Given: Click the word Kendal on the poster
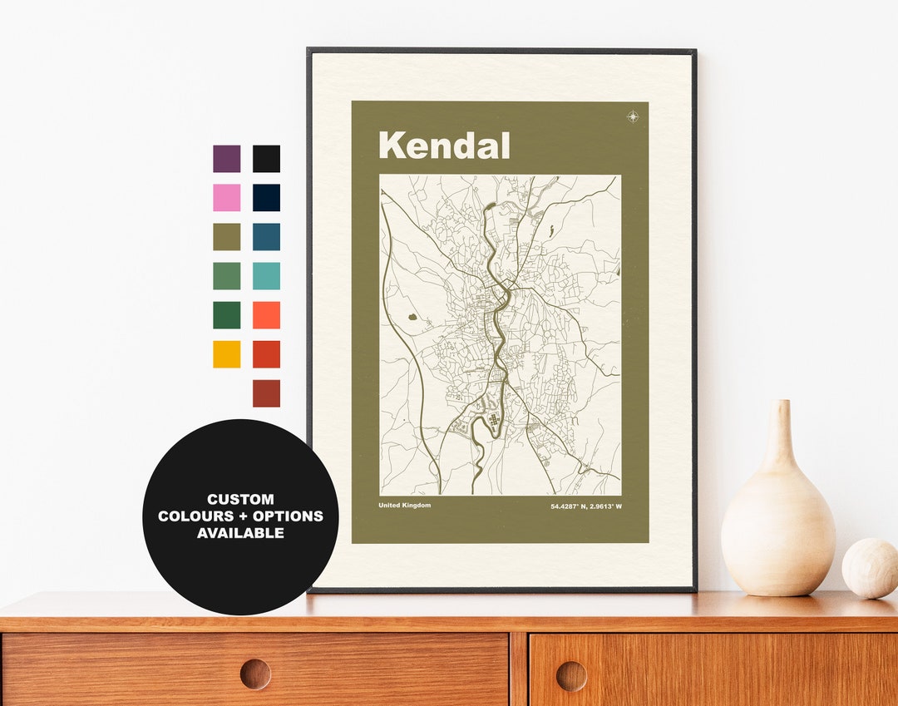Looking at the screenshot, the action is (x=444, y=146).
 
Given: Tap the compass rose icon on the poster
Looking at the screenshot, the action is (x=633, y=116).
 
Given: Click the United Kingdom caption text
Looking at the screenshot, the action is (x=405, y=506).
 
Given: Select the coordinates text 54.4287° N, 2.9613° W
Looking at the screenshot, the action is (x=585, y=506).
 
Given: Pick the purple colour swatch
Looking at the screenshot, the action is (x=226, y=159).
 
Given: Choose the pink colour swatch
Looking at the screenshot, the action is (x=226, y=198).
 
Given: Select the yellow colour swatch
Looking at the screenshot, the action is (x=226, y=354).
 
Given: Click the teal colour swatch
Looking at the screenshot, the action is (x=266, y=276).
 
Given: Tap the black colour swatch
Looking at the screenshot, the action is (x=266, y=159).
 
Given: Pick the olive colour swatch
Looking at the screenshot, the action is (x=226, y=237).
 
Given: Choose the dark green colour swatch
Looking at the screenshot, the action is (x=226, y=315).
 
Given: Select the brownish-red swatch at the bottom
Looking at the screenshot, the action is (x=266, y=393).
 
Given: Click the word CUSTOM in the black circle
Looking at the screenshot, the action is (x=240, y=500).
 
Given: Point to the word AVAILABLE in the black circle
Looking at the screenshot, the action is (x=240, y=533).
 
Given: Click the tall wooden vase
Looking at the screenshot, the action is (x=777, y=516).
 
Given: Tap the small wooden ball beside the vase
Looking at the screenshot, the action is (x=870, y=568).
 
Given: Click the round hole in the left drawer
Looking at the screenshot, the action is (x=255, y=674).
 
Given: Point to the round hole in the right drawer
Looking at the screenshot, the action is (x=571, y=675).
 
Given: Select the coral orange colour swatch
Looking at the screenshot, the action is (x=266, y=315).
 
